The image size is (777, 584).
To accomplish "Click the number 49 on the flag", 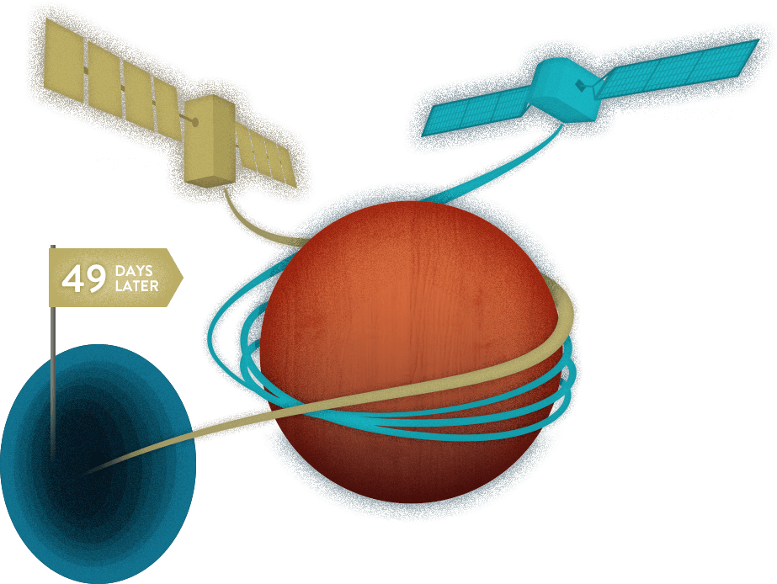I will pyautogui.click(x=83, y=279).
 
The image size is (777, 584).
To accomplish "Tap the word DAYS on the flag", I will pyautogui.click(x=135, y=270).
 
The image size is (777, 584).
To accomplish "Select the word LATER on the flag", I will pyautogui.click(x=136, y=286).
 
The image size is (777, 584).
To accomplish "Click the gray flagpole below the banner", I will pyautogui.click(x=52, y=379).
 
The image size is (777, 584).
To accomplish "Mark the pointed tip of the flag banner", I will pyautogui.click(x=181, y=277).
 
